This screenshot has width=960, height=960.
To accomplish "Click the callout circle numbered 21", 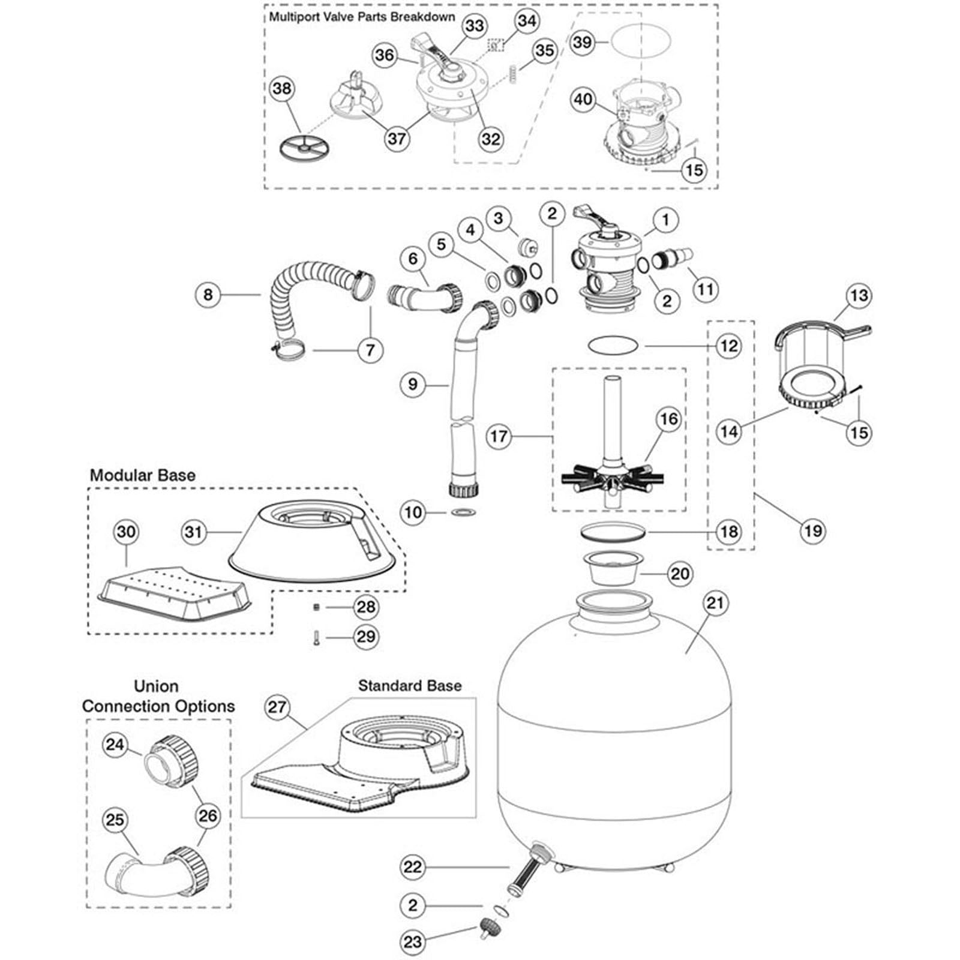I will [715, 602].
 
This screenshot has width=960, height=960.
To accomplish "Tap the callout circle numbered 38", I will [282, 89].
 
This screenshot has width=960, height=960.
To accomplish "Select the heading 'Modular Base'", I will [142, 475].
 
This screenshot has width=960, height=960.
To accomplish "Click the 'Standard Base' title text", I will [410, 686].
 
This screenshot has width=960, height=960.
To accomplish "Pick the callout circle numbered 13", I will [859, 295].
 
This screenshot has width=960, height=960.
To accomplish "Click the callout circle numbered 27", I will [277, 707].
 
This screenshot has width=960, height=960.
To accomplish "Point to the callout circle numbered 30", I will [126, 532].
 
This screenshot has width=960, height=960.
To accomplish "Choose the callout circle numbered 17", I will [499, 436].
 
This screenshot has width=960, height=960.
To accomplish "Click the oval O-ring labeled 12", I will [613, 346].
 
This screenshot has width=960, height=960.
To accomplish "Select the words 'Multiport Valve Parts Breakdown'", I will [362, 17].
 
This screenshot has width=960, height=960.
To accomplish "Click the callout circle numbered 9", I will [412, 384].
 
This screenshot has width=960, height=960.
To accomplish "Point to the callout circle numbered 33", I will [474, 26].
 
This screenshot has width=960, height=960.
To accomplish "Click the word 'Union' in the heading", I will [156, 686].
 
